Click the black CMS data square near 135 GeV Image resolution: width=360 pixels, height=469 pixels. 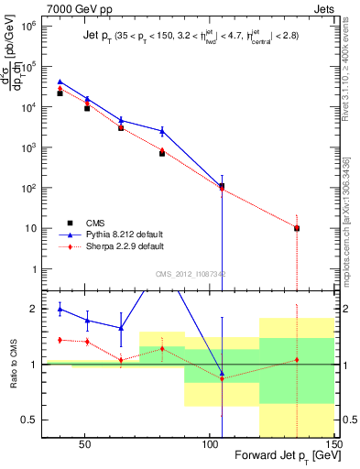297,228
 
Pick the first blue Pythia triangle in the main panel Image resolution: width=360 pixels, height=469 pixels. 60,82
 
